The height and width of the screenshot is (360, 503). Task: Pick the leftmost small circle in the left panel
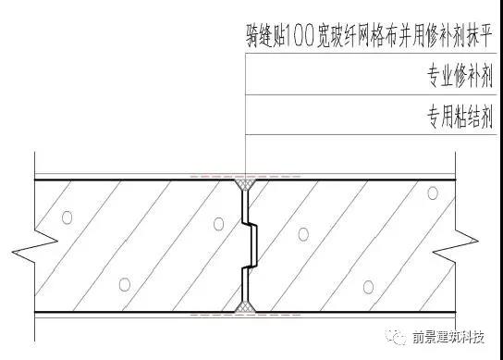coord(67,217)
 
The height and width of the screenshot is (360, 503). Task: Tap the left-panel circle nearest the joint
coord(217,223)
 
